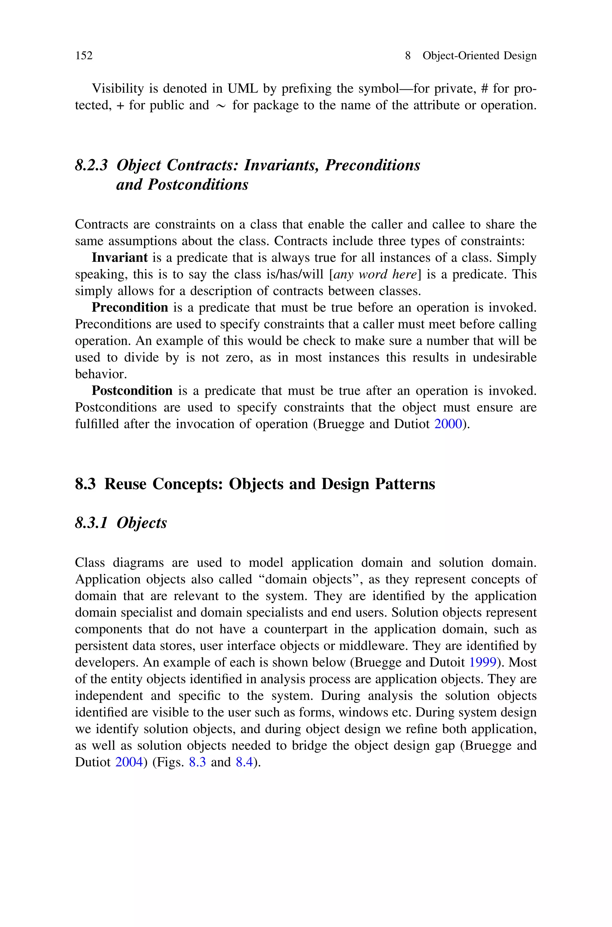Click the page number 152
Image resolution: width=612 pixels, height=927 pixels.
pos(84,56)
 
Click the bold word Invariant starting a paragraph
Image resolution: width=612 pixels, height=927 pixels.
pos(120,258)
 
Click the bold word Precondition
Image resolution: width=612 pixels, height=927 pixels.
pos(130,308)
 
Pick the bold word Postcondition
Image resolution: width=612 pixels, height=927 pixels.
pos(132,391)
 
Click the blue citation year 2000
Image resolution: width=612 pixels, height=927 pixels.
pos(448,424)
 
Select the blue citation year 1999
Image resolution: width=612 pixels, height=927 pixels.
pos(483,662)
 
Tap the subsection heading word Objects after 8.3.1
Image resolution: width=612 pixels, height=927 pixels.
pos(141,523)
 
